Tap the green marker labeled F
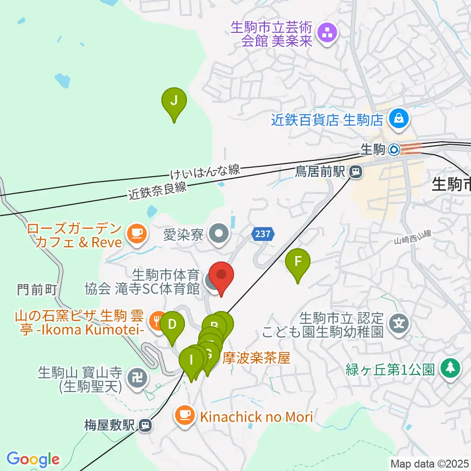pyautogui.click(x=298, y=262)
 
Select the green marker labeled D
pyautogui.click(x=172, y=325)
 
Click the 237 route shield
pyautogui.click(x=263, y=234)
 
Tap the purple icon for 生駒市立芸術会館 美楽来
pyautogui.click(x=326, y=33)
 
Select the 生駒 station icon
pyautogui.click(x=394, y=150)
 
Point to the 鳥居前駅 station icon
pyautogui.click(x=354, y=172)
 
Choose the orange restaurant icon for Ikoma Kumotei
pyautogui.click(x=157, y=322)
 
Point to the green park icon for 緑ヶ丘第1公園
pyautogui.click(x=449, y=367)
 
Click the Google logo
pyautogui.click(x=33, y=459)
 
